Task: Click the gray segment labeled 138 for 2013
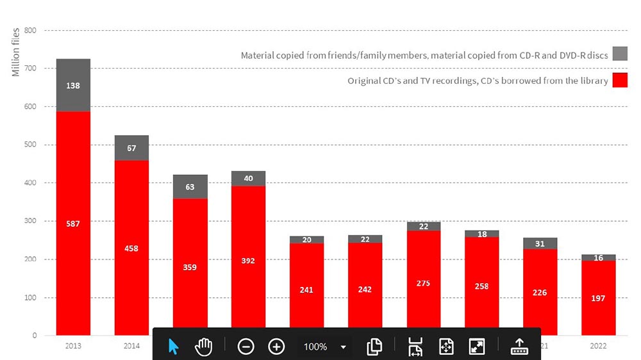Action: [73, 85]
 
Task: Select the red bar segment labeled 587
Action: [73, 224]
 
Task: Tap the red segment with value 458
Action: [131, 248]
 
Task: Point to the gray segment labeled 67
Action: [131, 148]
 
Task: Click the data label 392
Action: [248, 261]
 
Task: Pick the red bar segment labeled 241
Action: [306, 290]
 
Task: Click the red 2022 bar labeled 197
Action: [598, 298]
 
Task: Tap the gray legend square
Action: [620, 54]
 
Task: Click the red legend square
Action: [620, 80]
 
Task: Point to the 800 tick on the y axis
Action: [30, 31]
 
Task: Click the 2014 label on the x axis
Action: [131, 346]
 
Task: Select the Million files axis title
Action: [16, 51]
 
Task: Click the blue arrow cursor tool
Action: [174, 347]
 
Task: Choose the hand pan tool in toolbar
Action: [204, 347]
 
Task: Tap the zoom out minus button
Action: [246, 347]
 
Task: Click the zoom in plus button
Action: [276, 347]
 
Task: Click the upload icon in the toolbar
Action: [519, 347]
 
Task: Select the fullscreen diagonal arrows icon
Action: [476, 347]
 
